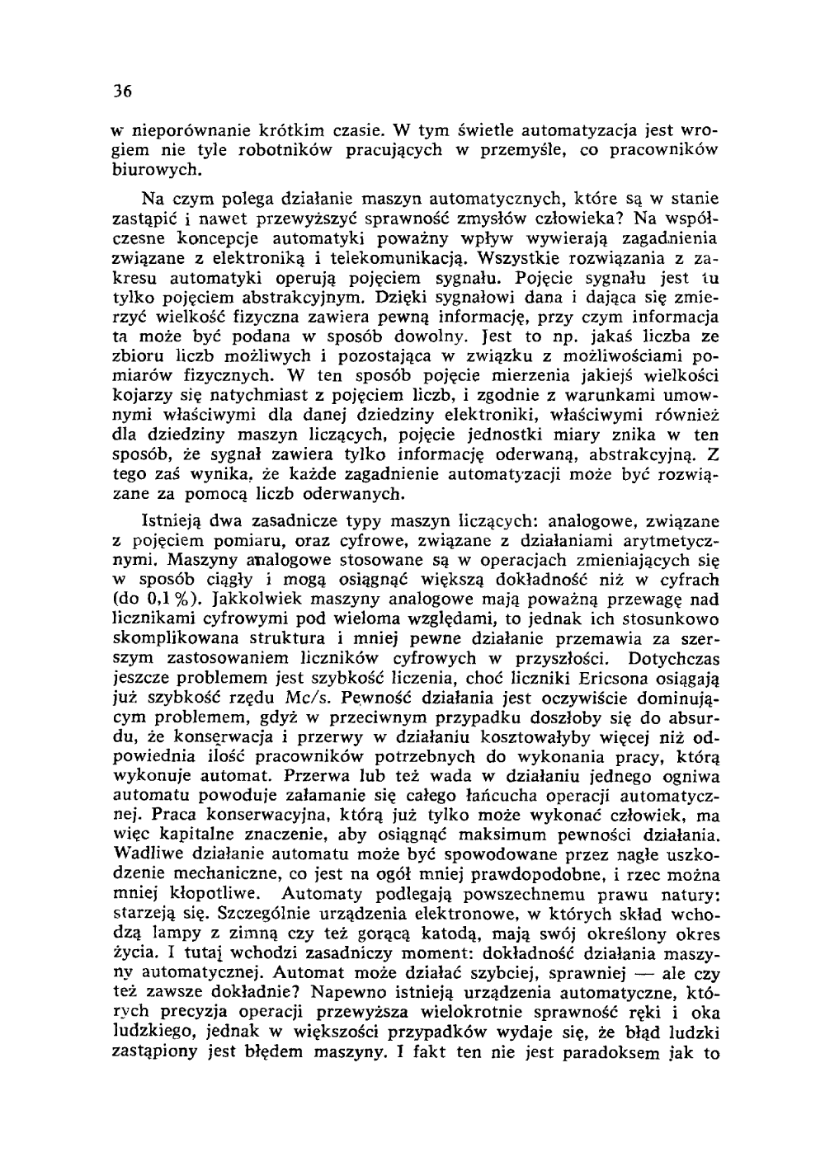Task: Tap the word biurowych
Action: point(155,169)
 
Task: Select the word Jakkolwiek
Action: point(261,600)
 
